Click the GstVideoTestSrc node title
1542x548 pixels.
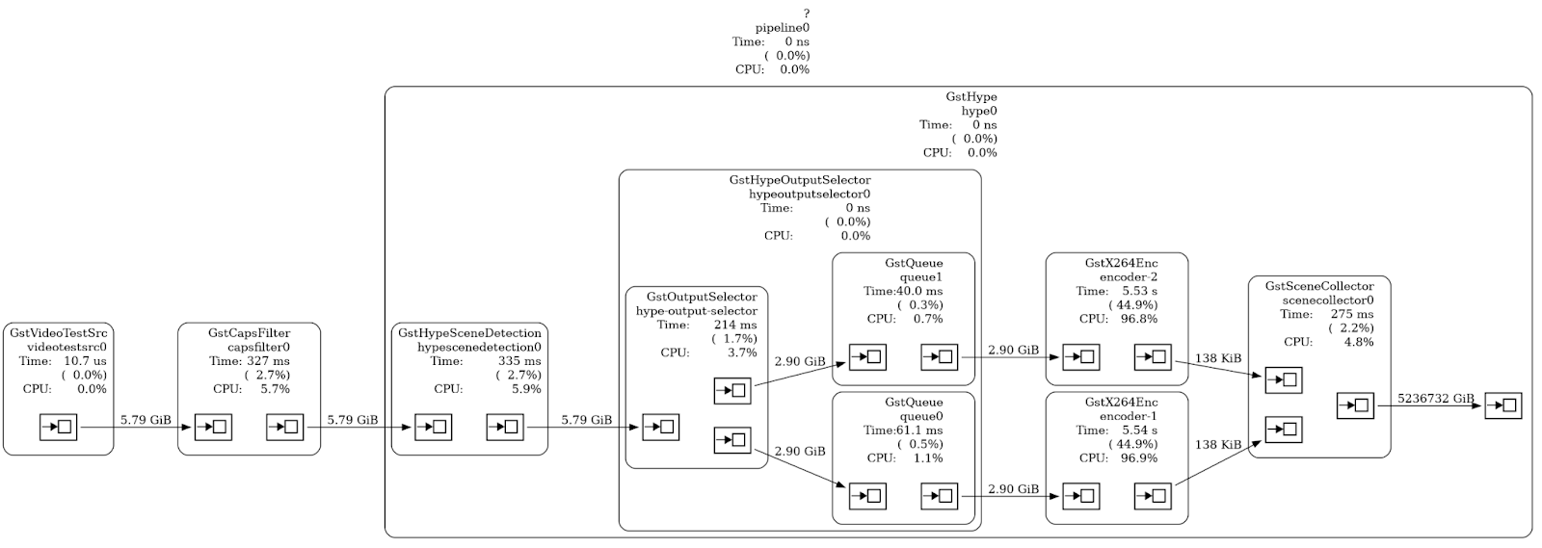(x=58, y=333)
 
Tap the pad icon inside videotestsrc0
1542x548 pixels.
(x=58, y=427)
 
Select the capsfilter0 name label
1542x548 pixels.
(x=258, y=348)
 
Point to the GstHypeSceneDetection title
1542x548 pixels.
(x=469, y=333)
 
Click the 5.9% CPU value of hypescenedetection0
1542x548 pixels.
(x=526, y=389)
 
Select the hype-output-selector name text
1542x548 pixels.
(x=696, y=311)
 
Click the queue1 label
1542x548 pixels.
(x=921, y=277)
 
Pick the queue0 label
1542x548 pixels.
(x=921, y=417)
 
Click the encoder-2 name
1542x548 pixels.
(x=1129, y=277)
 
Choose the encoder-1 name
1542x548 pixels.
(x=1129, y=417)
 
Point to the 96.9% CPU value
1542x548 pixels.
(x=1138, y=458)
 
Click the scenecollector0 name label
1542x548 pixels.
(x=1328, y=300)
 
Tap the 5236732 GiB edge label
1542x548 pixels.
(x=1436, y=399)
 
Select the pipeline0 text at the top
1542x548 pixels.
(x=782, y=28)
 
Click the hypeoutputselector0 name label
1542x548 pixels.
(x=810, y=195)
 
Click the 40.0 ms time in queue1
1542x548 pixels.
(x=919, y=291)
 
